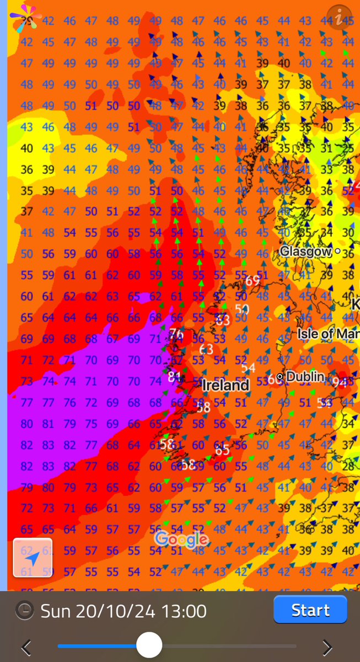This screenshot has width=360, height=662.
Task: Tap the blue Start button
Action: [310, 610]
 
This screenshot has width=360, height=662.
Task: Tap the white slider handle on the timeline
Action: [149, 645]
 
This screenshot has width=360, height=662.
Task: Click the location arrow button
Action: [33, 558]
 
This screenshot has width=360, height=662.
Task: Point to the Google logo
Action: [181, 540]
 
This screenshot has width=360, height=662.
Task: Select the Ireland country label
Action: [225, 385]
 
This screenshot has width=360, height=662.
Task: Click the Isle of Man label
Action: [328, 333]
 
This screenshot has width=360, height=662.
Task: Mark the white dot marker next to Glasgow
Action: [337, 251]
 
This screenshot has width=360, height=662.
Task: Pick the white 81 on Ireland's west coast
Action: [175, 377]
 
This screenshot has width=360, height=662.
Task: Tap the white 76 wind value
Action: [176, 334]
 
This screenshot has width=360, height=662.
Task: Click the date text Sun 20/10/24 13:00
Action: [123, 611]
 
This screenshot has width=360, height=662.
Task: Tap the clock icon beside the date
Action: [23, 610]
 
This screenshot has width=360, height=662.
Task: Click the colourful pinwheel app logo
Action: [25, 17]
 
